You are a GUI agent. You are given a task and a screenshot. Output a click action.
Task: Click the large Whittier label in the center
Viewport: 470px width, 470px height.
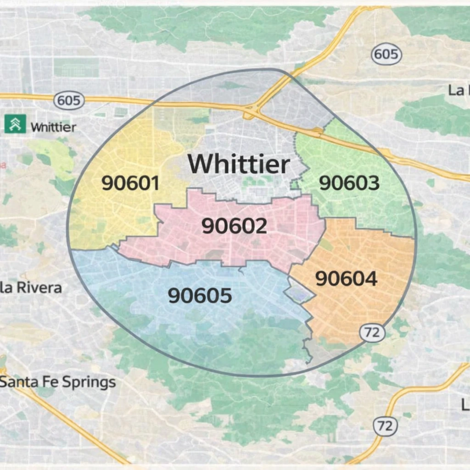click(239, 164)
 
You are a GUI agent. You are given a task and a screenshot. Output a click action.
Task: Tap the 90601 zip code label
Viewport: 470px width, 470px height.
click(130, 184)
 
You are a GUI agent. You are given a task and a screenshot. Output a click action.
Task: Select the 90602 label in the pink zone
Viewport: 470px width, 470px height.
click(234, 226)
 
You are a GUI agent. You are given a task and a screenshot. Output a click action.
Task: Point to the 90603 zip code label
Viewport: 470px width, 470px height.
click(349, 183)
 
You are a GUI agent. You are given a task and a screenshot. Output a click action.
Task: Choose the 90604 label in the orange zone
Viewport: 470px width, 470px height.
click(347, 279)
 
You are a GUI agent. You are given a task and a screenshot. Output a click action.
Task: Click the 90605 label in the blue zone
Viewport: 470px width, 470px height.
click(200, 296)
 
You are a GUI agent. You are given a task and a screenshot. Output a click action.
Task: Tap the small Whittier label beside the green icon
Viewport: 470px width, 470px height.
click(53, 127)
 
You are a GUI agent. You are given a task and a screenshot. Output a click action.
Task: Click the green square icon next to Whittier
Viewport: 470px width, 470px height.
click(15, 124)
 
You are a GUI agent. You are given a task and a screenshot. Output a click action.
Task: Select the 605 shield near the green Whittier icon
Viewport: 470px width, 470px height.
click(69, 101)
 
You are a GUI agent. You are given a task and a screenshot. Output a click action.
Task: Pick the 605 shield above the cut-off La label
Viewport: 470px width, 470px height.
click(386, 55)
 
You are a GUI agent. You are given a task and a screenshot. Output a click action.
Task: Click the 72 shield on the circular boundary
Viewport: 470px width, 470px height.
click(372, 333)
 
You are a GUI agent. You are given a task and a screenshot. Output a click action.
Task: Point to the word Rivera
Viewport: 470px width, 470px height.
click(39, 288)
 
